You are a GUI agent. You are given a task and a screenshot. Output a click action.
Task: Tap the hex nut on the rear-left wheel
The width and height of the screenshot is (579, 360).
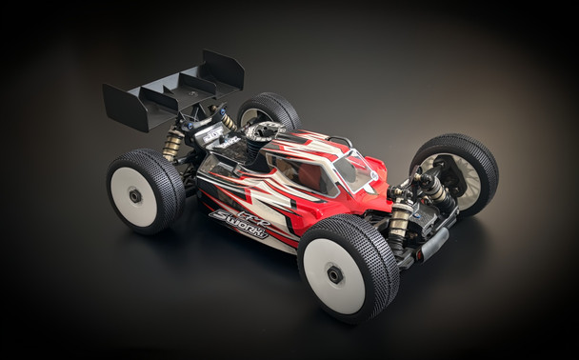pos(136,195)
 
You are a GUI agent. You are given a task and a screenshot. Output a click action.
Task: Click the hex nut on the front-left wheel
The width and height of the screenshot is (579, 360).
pos(336,274)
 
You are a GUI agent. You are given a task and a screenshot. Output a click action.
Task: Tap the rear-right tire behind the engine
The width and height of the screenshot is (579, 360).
pos(268,112)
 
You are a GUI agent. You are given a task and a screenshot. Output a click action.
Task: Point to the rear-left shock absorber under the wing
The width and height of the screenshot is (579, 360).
pos(173,143)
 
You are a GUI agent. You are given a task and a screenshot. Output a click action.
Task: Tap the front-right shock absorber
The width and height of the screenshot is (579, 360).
pos(433,190)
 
